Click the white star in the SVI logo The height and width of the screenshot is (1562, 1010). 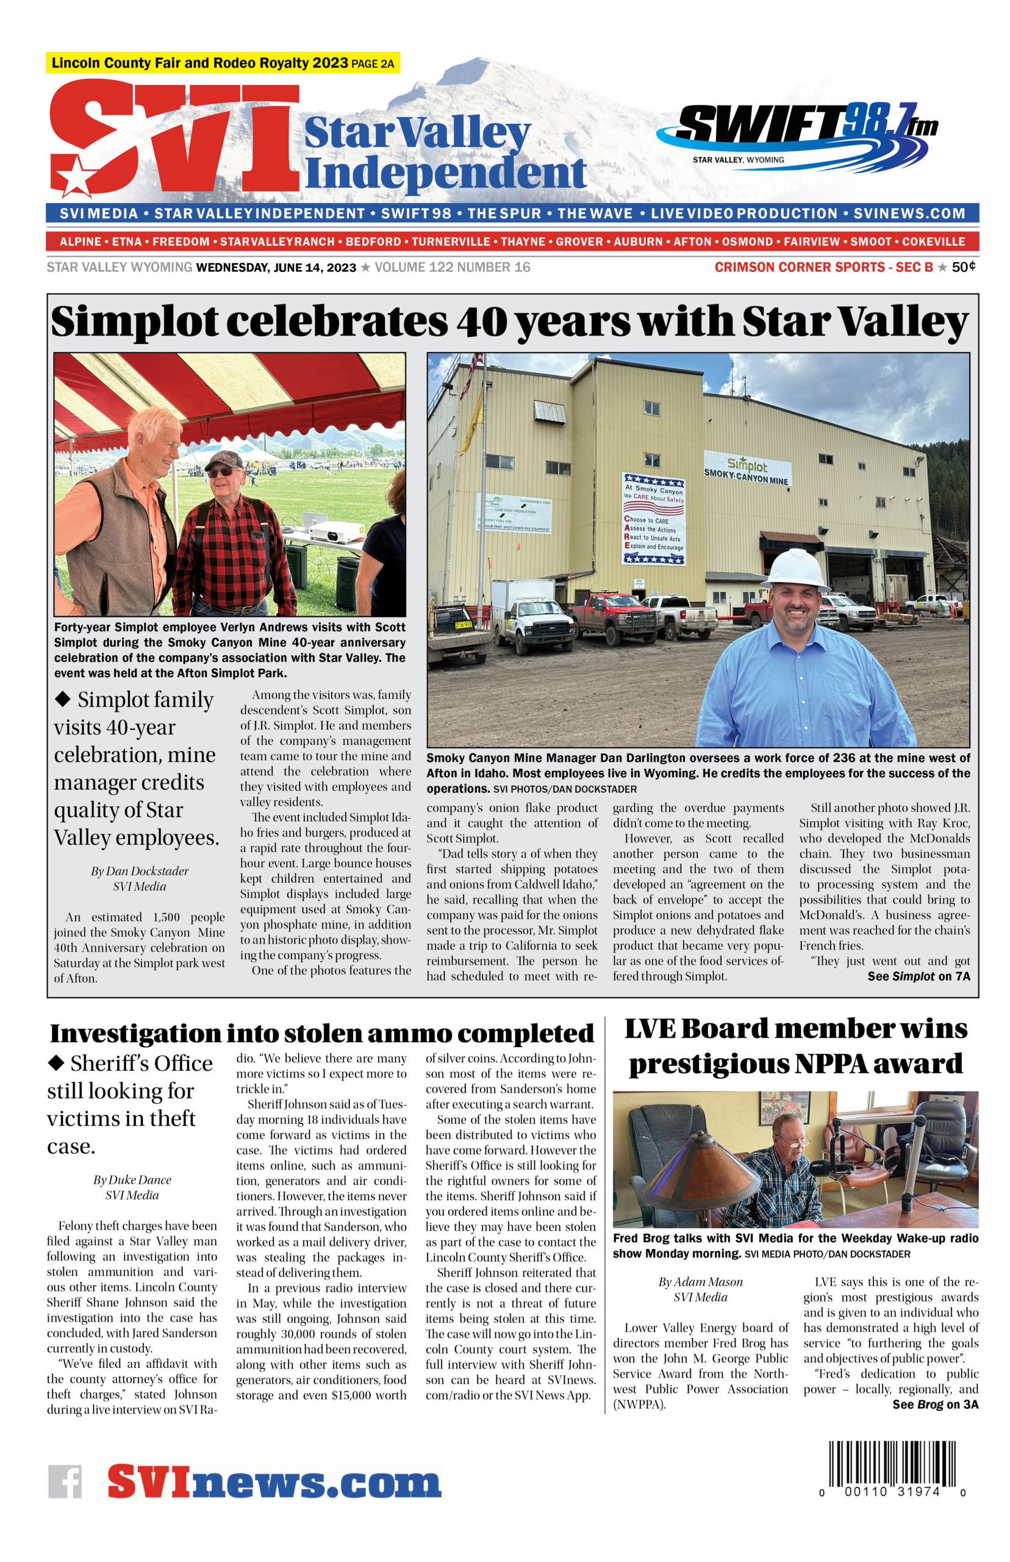pyautogui.click(x=76, y=176)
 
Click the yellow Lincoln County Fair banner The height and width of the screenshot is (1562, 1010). pyautogui.click(x=223, y=63)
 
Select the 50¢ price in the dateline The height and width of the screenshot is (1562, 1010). pyautogui.click(x=964, y=267)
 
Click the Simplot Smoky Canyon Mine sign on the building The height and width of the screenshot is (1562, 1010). pyautogui.click(x=747, y=469)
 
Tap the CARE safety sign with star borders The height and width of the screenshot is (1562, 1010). pyautogui.click(x=653, y=518)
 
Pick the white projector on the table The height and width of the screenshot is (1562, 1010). pyautogui.click(x=336, y=531)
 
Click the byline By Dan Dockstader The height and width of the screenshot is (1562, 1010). pyautogui.click(x=140, y=871)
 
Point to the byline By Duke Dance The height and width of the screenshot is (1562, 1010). pyautogui.click(x=132, y=1179)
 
